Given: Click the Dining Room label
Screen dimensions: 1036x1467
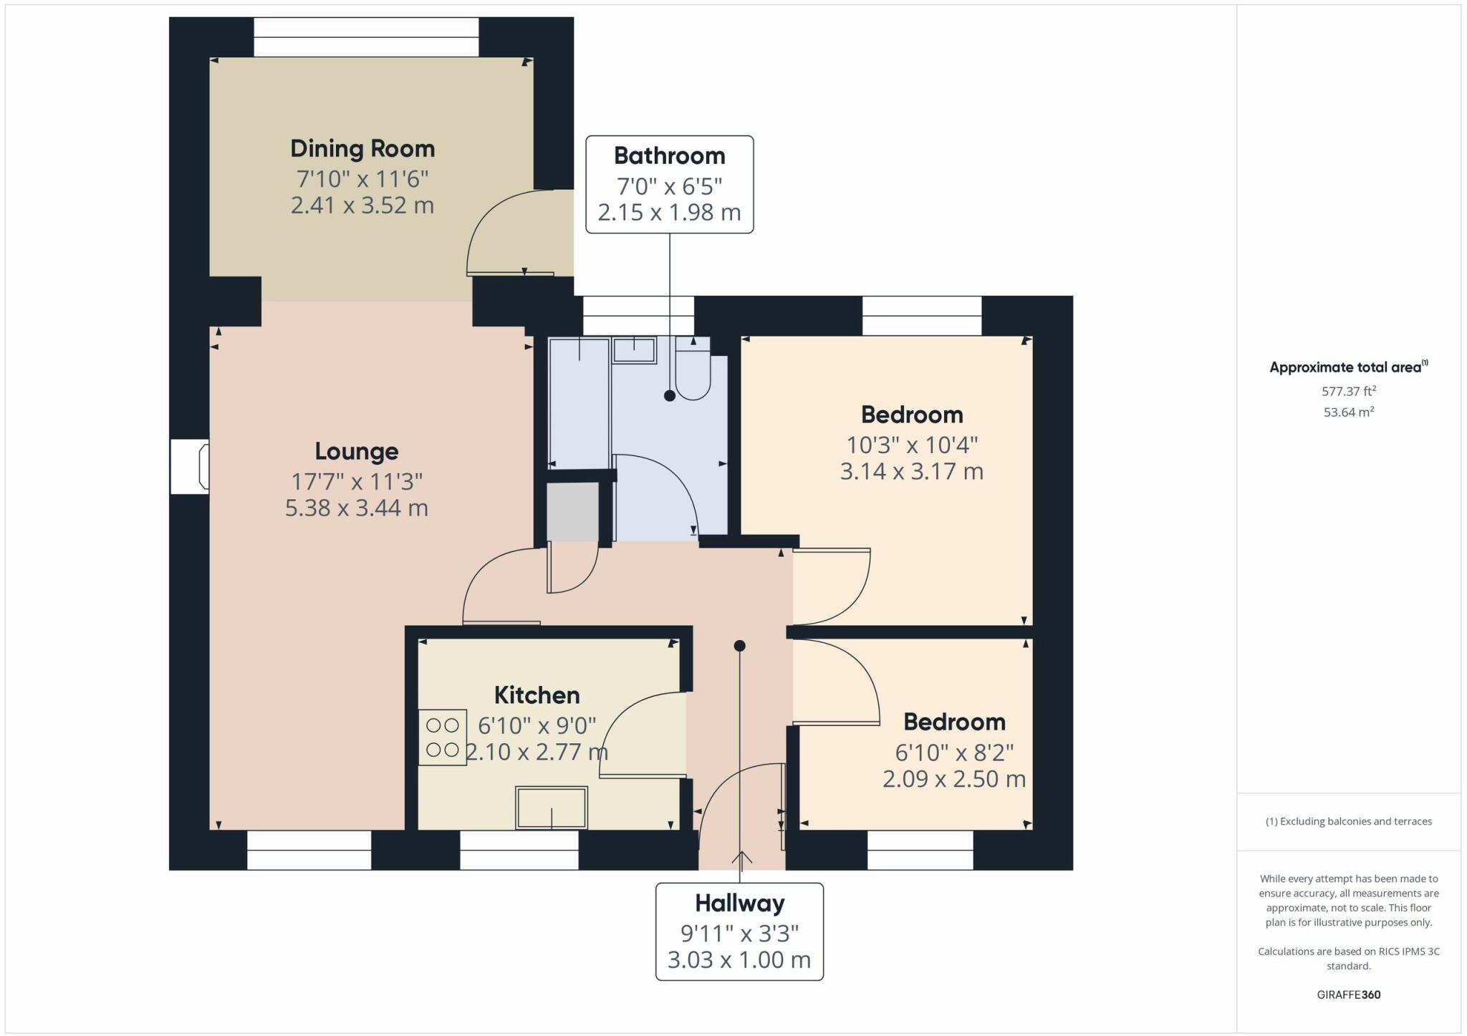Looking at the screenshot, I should [x=362, y=149].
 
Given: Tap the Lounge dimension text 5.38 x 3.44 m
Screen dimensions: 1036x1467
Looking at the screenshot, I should [x=356, y=508].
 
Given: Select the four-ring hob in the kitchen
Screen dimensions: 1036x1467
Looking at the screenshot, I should [x=443, y=737].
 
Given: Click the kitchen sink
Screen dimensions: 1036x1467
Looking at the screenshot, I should [x=552, y=808].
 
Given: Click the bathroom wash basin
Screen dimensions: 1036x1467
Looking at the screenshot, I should [x=634, y=351].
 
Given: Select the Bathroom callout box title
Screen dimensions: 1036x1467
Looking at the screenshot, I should [x=669, y=156].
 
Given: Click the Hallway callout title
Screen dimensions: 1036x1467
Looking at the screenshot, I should [x=739, y=904].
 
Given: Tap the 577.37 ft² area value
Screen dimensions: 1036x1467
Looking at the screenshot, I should [x=1348, y=392].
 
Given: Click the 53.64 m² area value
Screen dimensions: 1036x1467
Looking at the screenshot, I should [x=1348, y=412].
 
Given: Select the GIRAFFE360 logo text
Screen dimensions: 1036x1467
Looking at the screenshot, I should [x=1348, y=994].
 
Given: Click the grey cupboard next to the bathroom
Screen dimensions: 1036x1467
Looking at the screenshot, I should [x=573, y=512].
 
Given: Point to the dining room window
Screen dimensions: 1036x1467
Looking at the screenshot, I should [x=365, y=37].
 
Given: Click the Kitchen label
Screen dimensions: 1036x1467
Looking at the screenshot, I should [x=537, y=695].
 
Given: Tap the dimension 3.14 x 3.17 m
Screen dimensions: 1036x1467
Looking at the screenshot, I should [x=911, y=472].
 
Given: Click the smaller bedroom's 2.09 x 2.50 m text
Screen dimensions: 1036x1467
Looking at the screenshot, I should [x=953, y=779].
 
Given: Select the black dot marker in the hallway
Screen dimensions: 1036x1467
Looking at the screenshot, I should [x=740, y=646].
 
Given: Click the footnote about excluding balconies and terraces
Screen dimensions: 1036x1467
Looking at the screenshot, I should [x=1348, y=821].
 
